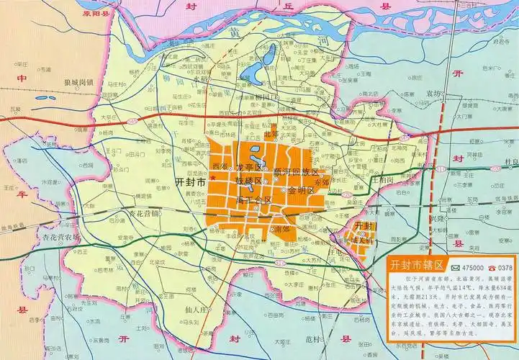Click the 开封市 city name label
pos(190,184)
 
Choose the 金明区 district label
pos(301,192)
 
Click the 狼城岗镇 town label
pos(78,83)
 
